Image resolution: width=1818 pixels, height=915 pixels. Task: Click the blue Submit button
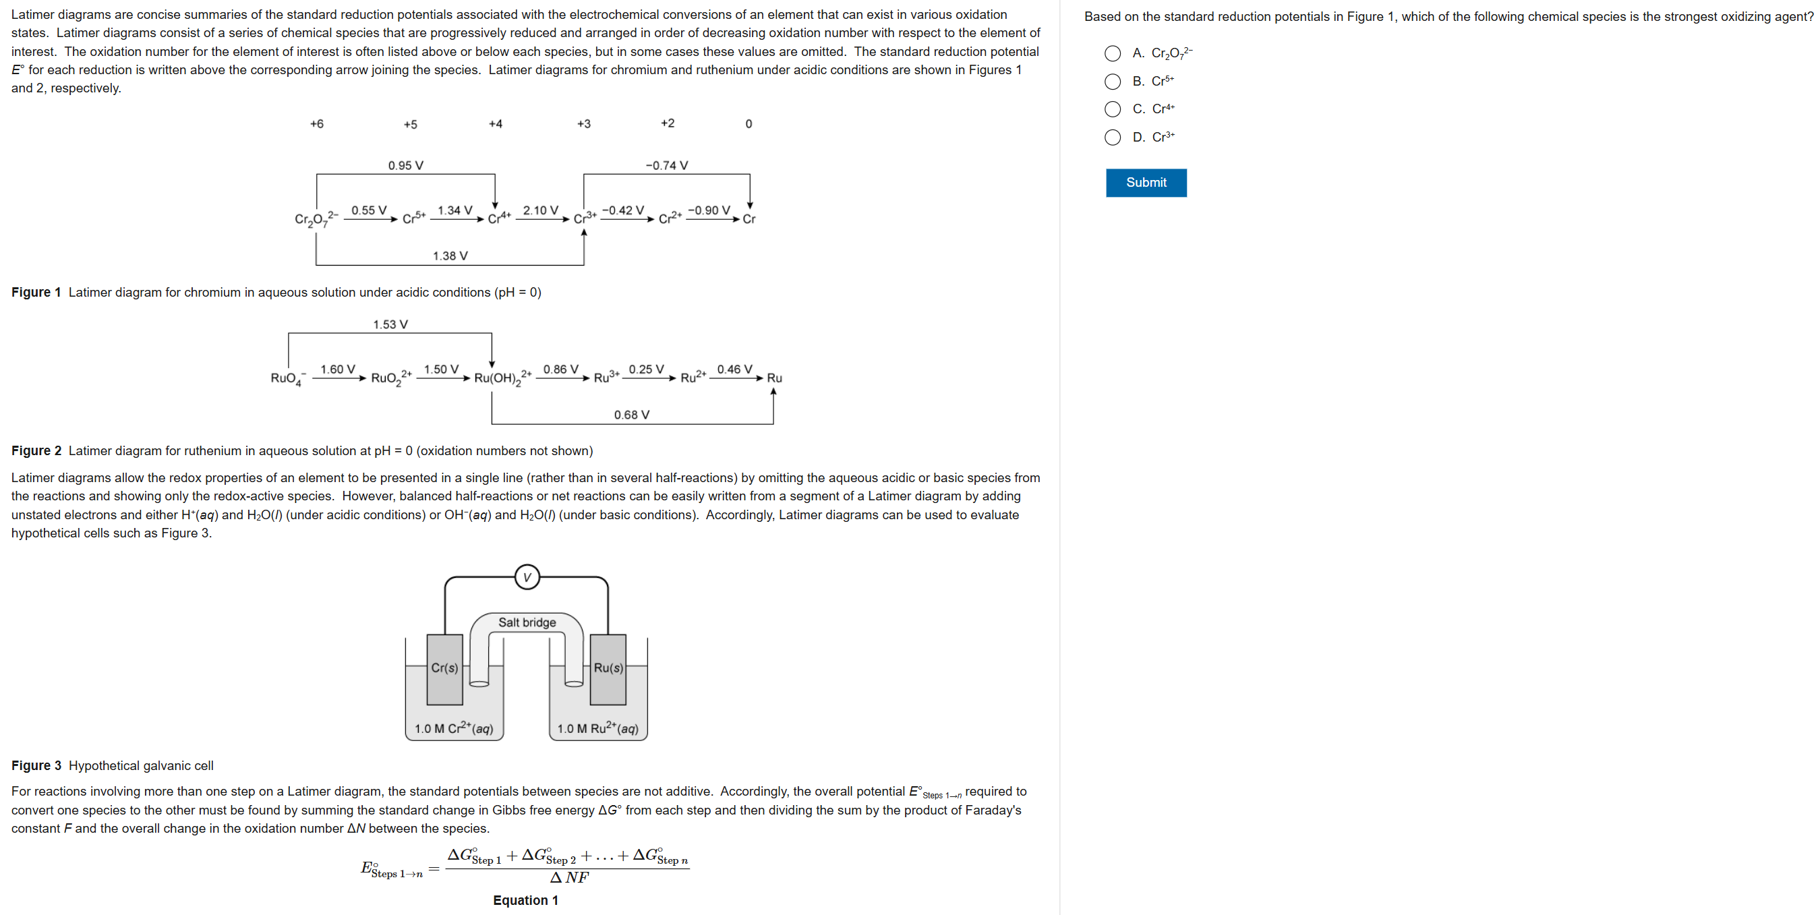(x=1146, y=183)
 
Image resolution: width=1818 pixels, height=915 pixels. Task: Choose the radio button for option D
(x=1112, y=137)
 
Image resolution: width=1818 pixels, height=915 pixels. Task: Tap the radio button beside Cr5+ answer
(x=1112, y=82)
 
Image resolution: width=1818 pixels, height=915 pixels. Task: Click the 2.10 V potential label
(x=540, y=210)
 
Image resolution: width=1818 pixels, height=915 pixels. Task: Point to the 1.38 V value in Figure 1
(x=450, y=256)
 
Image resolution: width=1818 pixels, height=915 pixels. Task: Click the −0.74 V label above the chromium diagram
(x=666, y=166)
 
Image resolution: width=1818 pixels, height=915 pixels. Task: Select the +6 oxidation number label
(x=317, y=124)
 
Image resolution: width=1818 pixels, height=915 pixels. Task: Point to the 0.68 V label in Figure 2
(x=631, y=415)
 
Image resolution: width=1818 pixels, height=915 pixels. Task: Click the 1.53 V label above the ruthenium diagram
(x=390, y=324)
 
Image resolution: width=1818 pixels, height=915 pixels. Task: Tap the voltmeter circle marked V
(x=527, y=577)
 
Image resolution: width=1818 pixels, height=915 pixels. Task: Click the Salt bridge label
(x=527, y=622)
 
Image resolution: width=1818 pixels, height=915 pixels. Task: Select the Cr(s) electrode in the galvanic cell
(x=444, y=668)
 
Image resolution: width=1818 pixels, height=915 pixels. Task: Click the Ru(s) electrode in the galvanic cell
(x=608, y=668)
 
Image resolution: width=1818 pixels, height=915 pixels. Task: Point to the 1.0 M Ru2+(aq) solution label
(x=597, y=728)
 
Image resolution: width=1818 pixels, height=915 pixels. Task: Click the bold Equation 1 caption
(x=525, y=900)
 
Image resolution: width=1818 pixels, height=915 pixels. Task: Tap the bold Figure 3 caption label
(x=36, y=765)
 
